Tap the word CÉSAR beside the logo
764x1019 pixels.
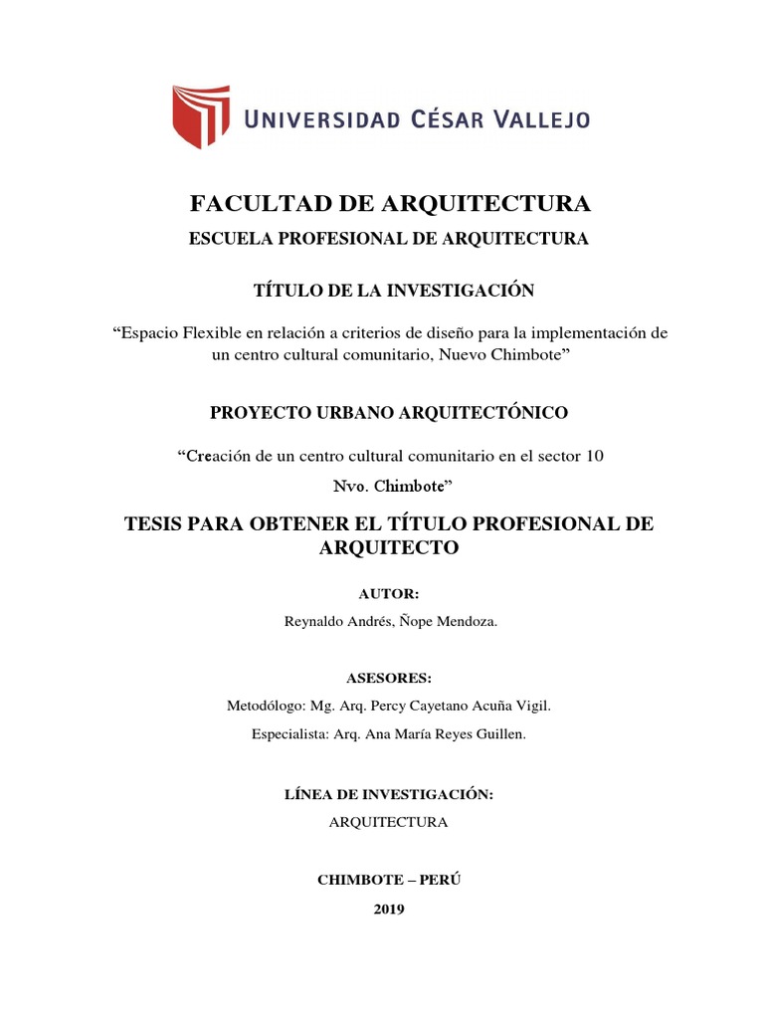425,119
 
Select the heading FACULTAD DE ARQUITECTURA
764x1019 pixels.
390,204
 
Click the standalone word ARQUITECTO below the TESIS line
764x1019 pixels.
389,548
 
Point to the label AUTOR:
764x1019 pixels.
389,594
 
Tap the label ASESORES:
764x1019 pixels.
389,678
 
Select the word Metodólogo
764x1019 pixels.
267,706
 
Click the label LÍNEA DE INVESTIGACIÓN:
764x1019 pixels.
389,794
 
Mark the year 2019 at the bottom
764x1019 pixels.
389,909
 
